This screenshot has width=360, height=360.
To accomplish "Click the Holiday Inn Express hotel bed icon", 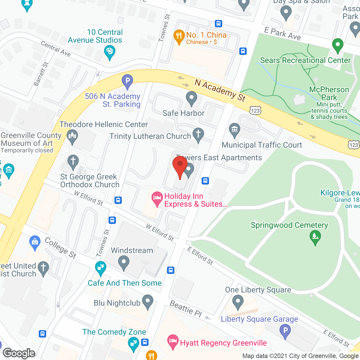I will (157, 199).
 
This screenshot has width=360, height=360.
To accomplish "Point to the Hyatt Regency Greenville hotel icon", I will (173, 342).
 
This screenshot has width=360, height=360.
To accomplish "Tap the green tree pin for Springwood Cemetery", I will (315, 237).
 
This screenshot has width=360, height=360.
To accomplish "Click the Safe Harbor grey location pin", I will (192, 99).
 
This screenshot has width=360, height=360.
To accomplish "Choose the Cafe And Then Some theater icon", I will (100, 268).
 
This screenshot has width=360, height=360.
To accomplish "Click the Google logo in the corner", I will (19, 353).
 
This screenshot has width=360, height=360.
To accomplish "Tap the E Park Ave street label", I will (282, 34).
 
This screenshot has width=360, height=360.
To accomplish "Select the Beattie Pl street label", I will (186, 309).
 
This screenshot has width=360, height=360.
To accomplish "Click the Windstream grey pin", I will (123, 263).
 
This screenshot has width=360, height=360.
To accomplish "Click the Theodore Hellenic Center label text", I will (103, 124).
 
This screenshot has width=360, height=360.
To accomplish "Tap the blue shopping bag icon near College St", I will (35, 242).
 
